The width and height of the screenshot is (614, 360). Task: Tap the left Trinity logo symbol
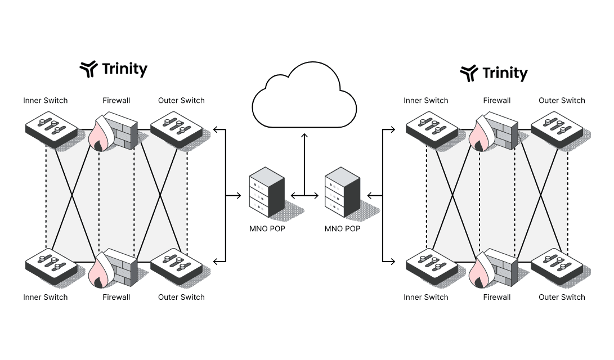tap(89, 69)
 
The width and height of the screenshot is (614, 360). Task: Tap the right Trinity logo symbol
tap(469, 73)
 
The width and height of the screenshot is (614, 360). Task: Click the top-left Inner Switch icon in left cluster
tap(51, 128)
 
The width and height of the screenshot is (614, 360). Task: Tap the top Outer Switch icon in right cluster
tap(557, 128)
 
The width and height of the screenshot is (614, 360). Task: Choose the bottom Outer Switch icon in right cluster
tap(557, 264)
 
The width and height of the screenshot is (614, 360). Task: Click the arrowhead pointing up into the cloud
tap(304, 136)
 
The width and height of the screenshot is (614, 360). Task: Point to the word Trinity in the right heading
tap(505, 73)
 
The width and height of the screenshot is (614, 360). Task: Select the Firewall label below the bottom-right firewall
tap(496, 297)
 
